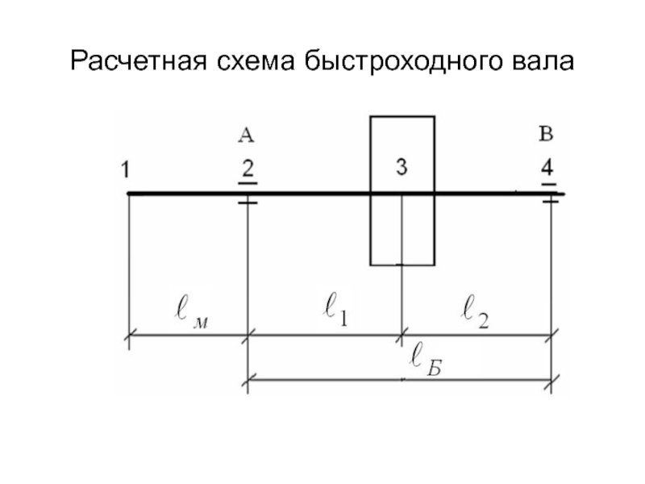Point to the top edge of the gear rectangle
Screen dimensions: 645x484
point(402,117)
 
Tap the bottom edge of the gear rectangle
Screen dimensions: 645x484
point(402,265)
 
